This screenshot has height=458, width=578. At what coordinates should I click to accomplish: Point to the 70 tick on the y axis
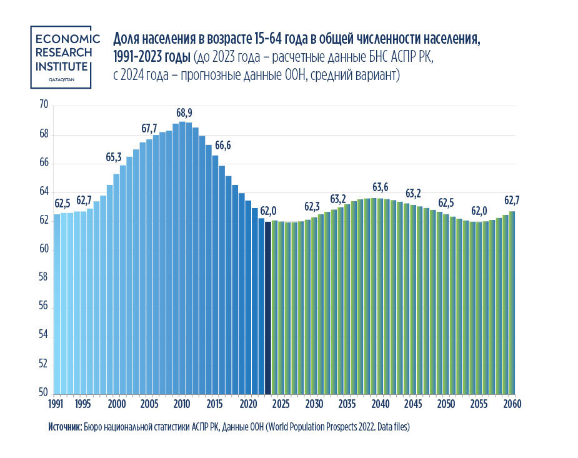click(x=43, y=106)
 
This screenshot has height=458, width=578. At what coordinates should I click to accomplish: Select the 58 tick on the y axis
click(x=43, y=279)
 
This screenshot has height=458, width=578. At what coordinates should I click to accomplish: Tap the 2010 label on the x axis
click(x=182, y=404)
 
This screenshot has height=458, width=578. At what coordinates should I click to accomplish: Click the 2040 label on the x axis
click(x=381, y=404)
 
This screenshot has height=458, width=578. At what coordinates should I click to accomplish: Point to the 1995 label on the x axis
click(x=83, y=404)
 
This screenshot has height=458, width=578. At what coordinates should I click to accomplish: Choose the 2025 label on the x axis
click(x=281, y=404)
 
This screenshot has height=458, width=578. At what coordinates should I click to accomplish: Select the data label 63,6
click(x=380, y=187)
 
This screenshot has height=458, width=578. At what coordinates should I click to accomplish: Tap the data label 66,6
click(x=223, y=146)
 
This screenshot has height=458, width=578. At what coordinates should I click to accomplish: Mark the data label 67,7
click(x=149, y=129)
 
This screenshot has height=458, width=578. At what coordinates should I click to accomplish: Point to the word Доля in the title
click(x=127, y=39)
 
